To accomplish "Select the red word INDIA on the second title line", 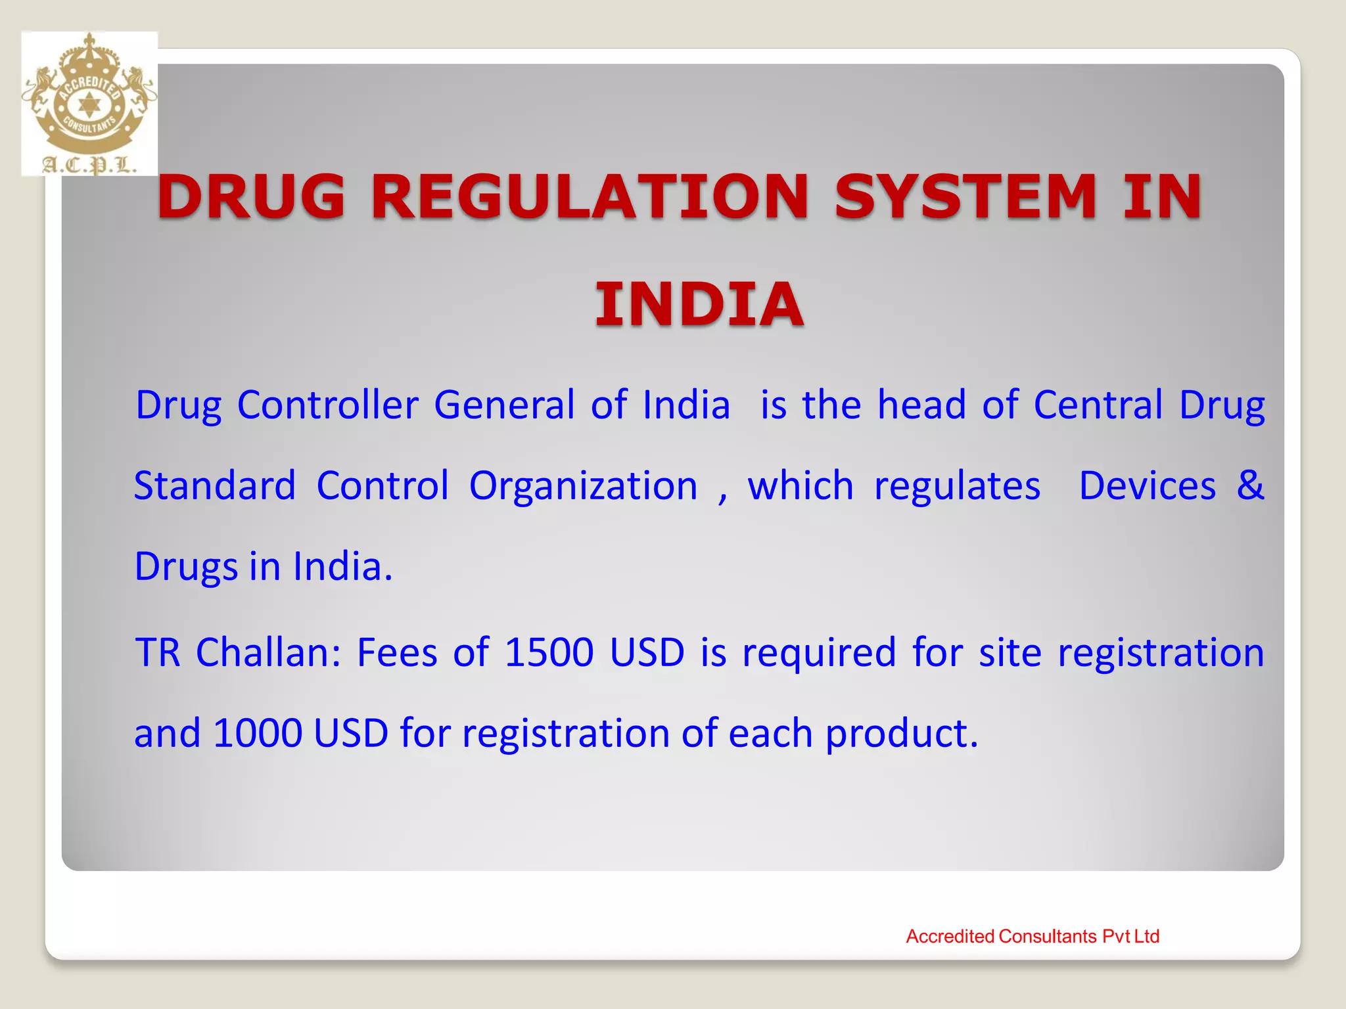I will [x=699, y=303].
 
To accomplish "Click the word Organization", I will [x=583, y=485].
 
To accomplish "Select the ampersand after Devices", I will [x=1249, y=485].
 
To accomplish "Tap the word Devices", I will [x=1147, y=485].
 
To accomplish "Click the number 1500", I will [x=549, y=652].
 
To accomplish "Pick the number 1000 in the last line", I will [x=258, y=733].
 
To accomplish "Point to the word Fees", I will [x=397, y=652].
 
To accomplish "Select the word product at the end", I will [x=901, y=733].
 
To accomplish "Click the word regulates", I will [x=957, y=485].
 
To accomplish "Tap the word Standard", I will [x=215, y=485].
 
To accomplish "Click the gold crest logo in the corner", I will [x=89, y=92].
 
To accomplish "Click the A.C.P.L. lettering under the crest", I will [x=89, y=164].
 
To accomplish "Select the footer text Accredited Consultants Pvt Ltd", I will [x=1033, y=936].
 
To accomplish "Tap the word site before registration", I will [x=1009, y=652].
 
